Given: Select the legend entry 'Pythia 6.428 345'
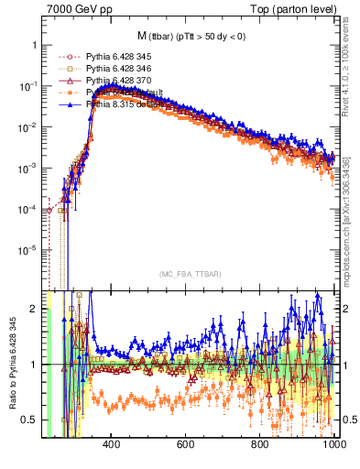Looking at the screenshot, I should (115, 56).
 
